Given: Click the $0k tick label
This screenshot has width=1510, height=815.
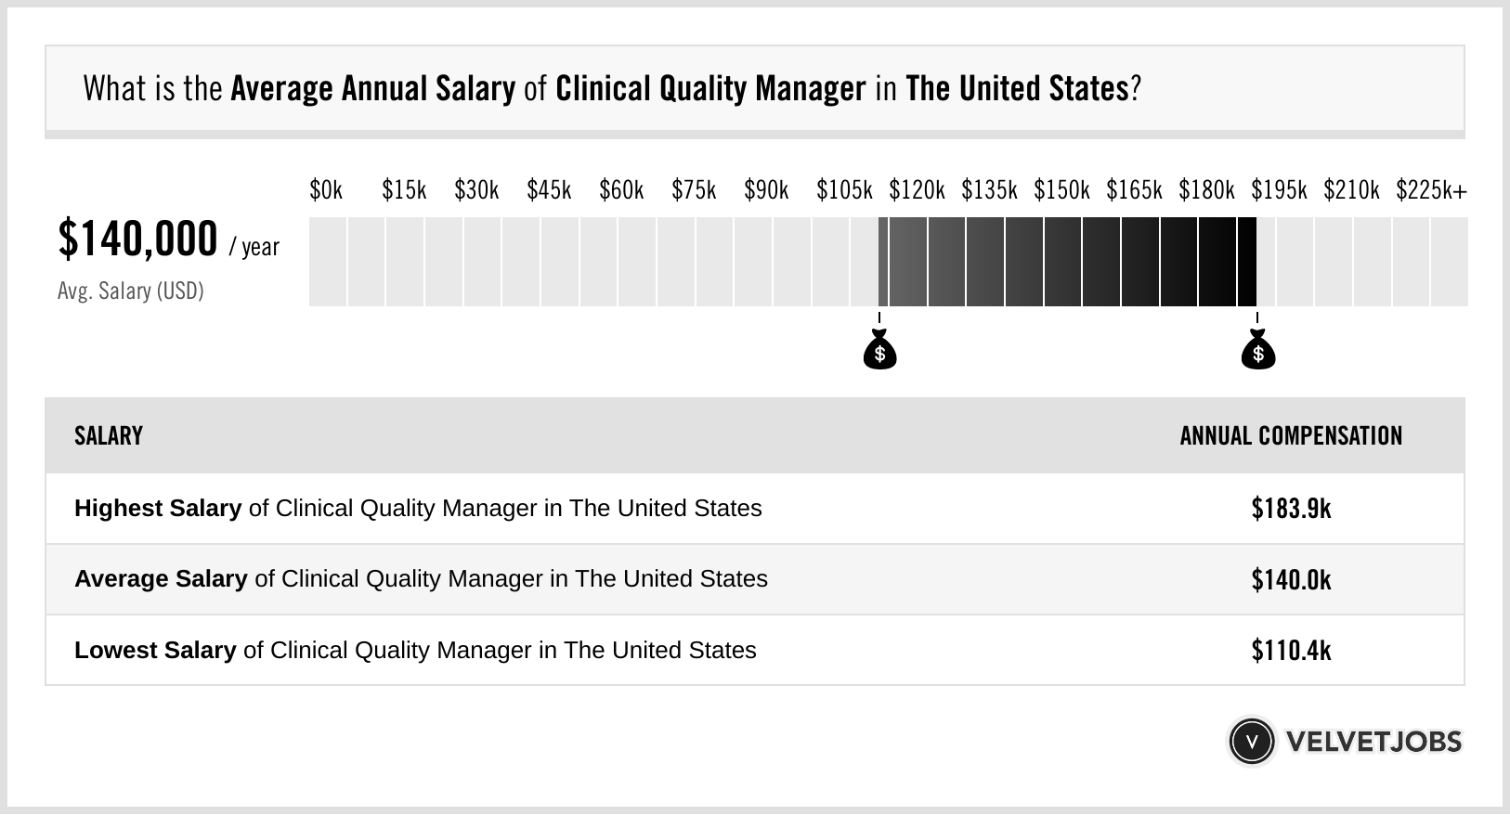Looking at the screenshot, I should (326, 190).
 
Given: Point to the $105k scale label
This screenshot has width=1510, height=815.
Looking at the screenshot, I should (844, 190).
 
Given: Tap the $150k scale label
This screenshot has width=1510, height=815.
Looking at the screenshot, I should (1061, 190).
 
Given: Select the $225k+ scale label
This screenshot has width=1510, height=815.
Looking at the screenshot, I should (1431, 190).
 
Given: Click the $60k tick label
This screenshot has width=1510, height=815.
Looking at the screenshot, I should (621, 190).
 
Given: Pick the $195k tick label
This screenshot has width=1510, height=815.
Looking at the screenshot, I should (1279, 190).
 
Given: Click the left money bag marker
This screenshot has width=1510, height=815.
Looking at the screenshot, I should (879, 351).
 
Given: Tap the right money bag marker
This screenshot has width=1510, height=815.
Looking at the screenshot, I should (1258, 351).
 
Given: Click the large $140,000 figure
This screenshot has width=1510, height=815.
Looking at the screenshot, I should (137, 239).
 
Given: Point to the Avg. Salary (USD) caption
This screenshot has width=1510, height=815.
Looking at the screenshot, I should (130, 291).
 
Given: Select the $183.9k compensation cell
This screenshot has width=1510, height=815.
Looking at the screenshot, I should (1291, 509).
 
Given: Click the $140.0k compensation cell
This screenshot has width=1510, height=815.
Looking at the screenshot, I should (1291, 579).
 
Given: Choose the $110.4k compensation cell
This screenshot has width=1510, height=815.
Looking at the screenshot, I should (1291, 651).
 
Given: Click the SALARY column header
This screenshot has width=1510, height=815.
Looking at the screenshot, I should (109, 436).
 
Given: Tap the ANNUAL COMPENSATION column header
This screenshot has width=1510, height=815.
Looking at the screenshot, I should (1291, 436).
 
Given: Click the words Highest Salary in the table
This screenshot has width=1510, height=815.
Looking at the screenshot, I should (158, 509).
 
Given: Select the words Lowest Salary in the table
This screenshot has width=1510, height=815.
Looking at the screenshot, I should (155, 651).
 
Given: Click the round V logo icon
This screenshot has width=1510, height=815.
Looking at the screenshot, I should (1251, 742).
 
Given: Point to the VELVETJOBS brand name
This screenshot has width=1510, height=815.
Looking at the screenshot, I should (1373, 742).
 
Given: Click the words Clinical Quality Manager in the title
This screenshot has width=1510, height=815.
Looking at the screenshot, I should (710, 89).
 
